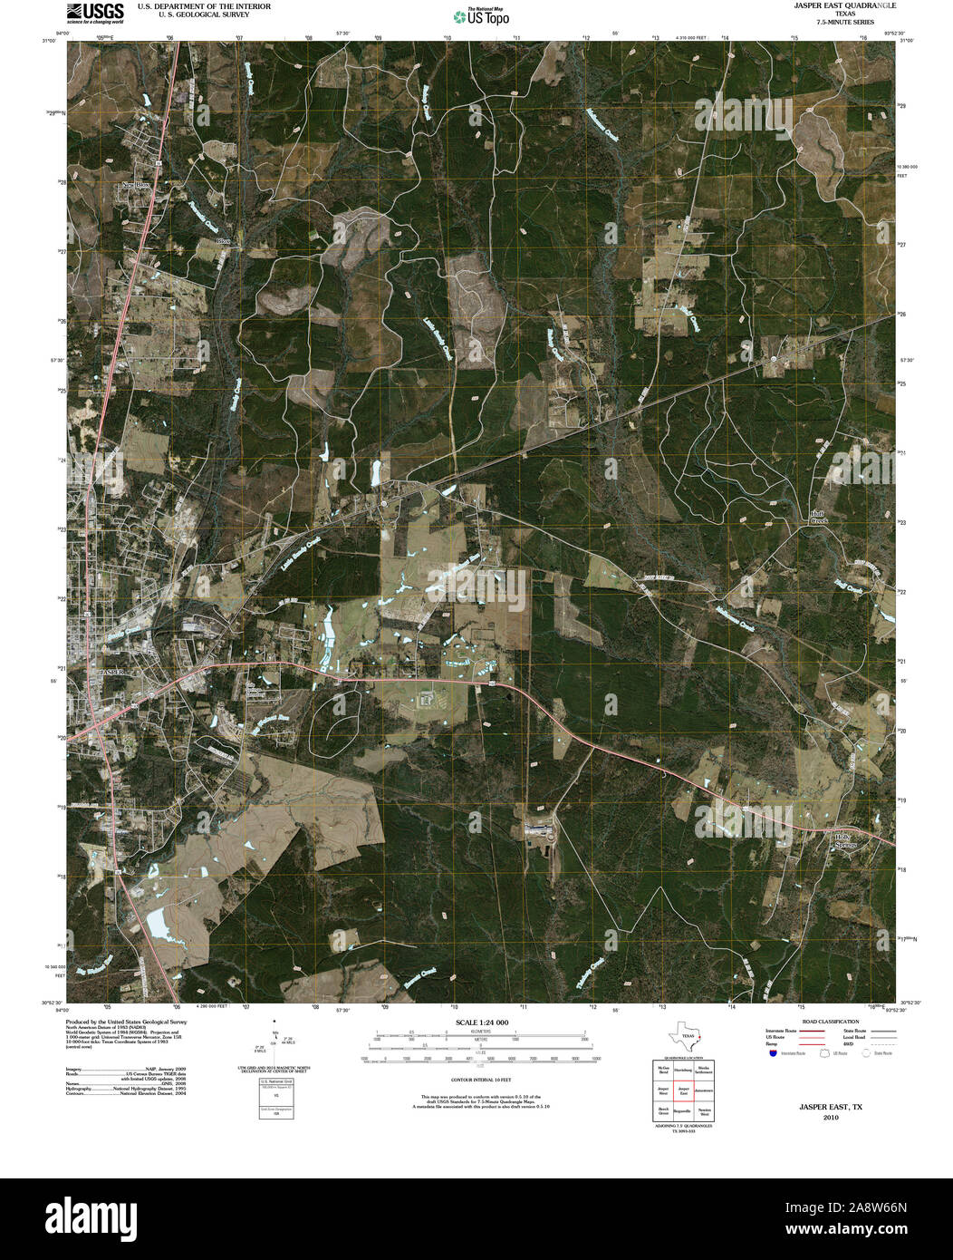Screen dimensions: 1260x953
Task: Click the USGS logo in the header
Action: coord(94,12)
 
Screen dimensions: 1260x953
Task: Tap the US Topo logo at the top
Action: coord(480,15)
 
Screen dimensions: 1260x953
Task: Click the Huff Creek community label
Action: coord(819,518)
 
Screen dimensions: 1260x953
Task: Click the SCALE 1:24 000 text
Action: coord(482,1023)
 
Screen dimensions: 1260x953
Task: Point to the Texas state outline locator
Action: coord(685,1037)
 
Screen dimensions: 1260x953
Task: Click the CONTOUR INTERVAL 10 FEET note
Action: coord(482,1081)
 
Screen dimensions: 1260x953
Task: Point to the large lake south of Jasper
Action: coord(160,924)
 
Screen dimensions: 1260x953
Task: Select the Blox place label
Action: coord(225,241)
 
